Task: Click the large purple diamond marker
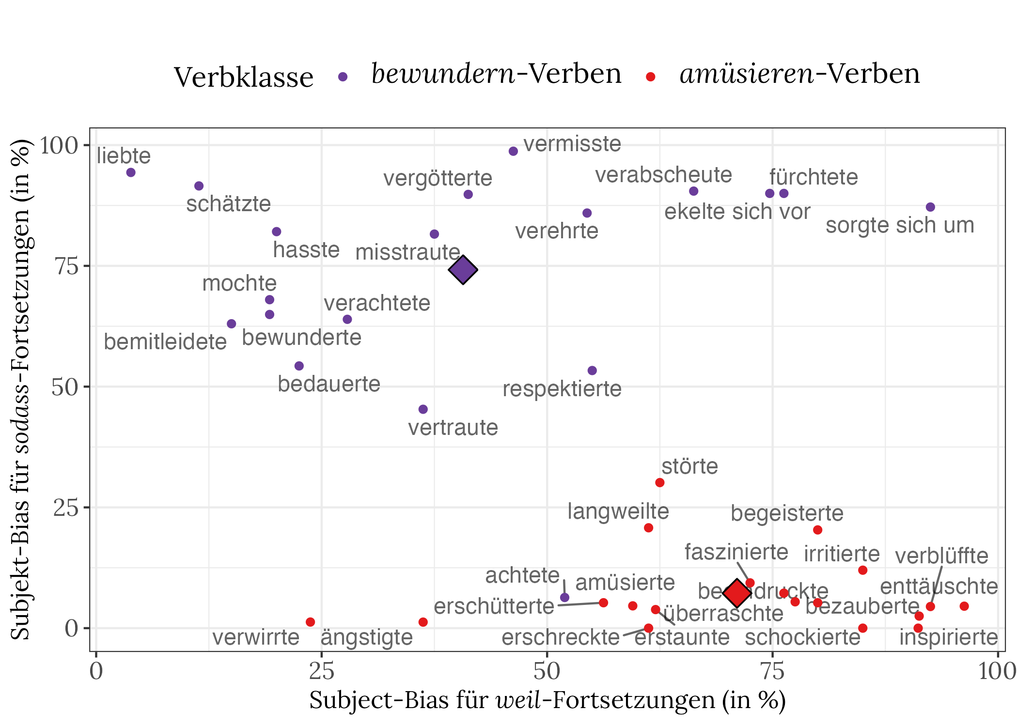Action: click(x=463, y=270)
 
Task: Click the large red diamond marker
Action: click(x=736, y=593)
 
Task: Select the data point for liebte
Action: click(x=131, y=172)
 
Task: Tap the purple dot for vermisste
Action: click(x=513, y=151)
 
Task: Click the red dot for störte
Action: click(x=659, y=482)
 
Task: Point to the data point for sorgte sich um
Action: click(x=930, y=207)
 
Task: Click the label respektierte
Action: click(x=562, y=389)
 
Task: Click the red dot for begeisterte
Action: click(x=817, y=530)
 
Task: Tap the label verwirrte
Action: click(x=256, y=637)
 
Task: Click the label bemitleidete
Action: click(x=165, y=342)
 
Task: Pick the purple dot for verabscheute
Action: click(x=693, y=191)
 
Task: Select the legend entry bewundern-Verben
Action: click(x=496, y=74)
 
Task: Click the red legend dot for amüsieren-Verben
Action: click(x=651, y=77)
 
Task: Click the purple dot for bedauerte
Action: click(x=299, y=366)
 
